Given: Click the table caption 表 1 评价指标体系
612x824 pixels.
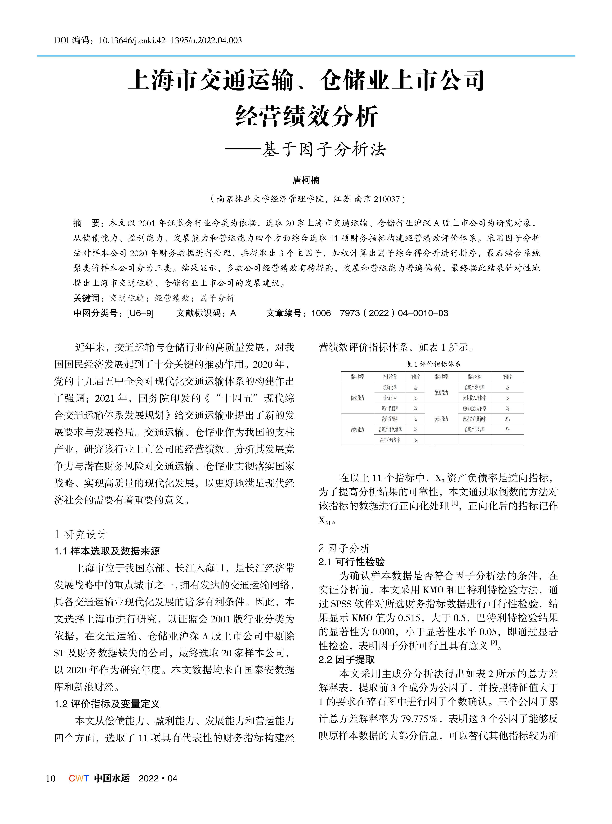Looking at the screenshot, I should (433, 364).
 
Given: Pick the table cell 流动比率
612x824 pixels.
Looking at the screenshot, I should (390, 388).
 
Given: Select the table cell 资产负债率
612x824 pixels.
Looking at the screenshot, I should (390, 408).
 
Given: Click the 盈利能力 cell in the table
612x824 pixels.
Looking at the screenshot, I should (357, 429).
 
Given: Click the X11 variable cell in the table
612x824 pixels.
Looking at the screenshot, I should (507, 429).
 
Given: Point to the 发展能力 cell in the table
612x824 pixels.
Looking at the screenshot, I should (441, 393).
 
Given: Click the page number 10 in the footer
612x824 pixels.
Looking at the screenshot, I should (50, 778).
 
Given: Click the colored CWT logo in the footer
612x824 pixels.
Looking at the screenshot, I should (79, 778).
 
